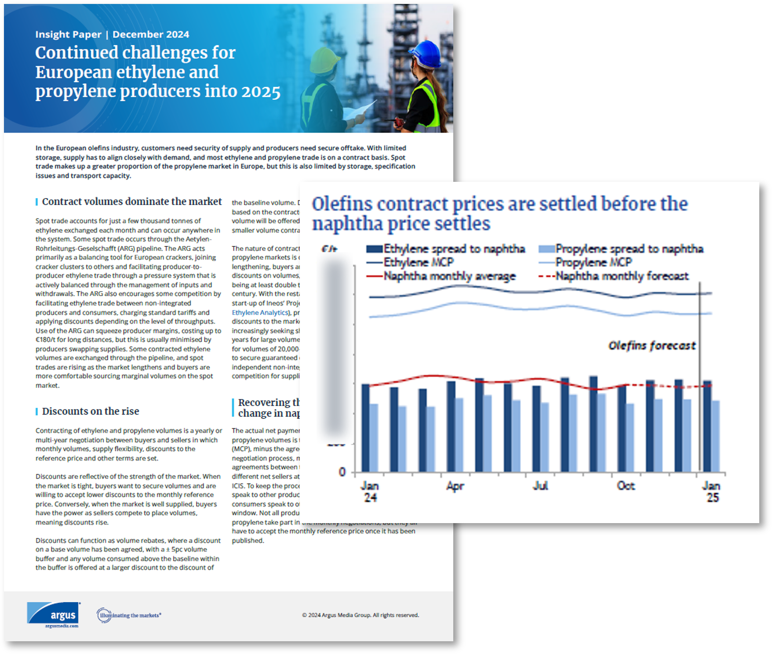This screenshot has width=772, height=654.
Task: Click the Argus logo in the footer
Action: (54, 614)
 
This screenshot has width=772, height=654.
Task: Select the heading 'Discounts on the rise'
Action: (90, 411)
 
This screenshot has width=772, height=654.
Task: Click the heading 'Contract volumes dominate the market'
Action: (132, 202)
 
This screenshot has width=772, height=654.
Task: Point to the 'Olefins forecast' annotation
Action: (652, 346)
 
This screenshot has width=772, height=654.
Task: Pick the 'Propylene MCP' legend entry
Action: (593, 263)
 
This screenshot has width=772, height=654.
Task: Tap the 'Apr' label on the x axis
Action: (455, 486)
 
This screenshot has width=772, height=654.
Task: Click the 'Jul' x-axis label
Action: (540, 486)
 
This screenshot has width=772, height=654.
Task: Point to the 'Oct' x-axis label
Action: (626, 486)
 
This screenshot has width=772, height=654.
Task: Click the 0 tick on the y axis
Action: (342, 472)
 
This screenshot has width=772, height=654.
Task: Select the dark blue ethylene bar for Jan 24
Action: (365, 428)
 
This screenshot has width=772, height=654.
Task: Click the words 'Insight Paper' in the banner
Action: (68, 34)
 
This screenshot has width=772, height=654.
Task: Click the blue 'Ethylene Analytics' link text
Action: (260, 312)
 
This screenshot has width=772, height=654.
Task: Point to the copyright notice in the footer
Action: (361, 615)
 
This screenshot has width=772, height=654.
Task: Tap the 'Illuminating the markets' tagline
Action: (130, 615)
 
